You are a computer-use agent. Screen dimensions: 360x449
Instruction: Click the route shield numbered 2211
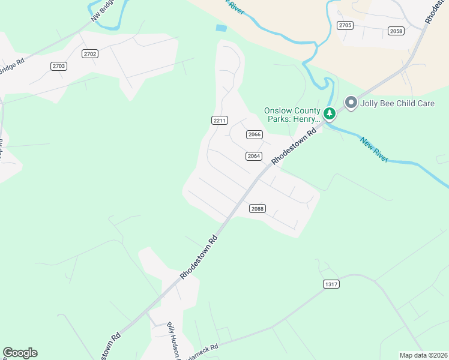click(x=220, y=121)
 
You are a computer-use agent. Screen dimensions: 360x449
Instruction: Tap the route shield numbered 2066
click(x=255, y=134)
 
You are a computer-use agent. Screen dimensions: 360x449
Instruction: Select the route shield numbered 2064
click(x=254, y=156)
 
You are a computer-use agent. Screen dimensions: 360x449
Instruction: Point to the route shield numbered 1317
click(x=330, y=284)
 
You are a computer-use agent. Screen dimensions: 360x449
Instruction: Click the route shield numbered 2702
click(x=91, y=54)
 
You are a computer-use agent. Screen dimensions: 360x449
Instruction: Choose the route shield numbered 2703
click(x=59, y=66)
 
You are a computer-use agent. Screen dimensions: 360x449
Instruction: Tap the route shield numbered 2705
click(x=345, y=25)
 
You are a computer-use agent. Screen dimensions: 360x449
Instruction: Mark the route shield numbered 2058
click(x=396, y=31)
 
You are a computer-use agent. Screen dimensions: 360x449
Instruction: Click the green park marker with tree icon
click(x=329, y=113)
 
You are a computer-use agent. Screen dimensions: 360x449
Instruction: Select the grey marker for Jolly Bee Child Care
click(x=351, y=103)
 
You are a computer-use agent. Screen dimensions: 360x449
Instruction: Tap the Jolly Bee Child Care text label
click(x=397, y=103)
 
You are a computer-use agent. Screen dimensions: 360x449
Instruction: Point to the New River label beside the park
click(x=374, y=149)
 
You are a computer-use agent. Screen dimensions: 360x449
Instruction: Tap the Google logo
click(x=20, y=353)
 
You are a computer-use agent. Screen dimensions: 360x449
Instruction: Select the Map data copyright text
click(x=423, y=355)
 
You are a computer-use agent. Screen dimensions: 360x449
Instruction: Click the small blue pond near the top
click(x=221, y=28)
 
